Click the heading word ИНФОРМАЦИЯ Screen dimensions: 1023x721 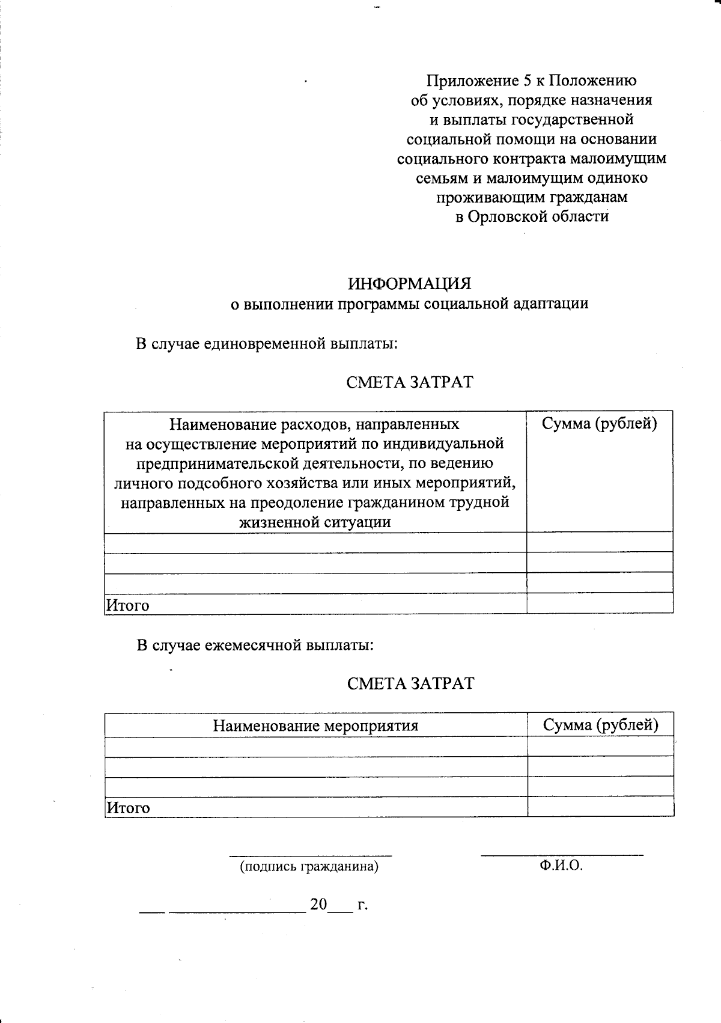pos(410,283)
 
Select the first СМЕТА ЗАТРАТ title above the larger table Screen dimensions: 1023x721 pos(410,382)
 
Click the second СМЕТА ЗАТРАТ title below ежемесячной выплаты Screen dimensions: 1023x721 pos(410,683)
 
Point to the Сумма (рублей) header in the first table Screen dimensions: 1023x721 pos(599,424)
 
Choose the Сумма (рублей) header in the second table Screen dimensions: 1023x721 pos(600,725)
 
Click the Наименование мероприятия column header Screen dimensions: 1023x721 pos(315,725)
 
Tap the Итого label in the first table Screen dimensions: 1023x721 pos(127,605)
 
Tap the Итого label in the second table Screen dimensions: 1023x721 pos(128,808)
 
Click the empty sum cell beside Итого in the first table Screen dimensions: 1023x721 pos(599,603)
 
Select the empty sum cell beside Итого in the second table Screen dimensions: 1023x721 pos(600,807)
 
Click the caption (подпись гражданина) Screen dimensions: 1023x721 pos(309,867)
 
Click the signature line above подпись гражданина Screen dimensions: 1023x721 pos(310,855)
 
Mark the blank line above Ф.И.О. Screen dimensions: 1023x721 pos(562,854)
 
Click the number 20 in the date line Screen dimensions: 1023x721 pos(318,904)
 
